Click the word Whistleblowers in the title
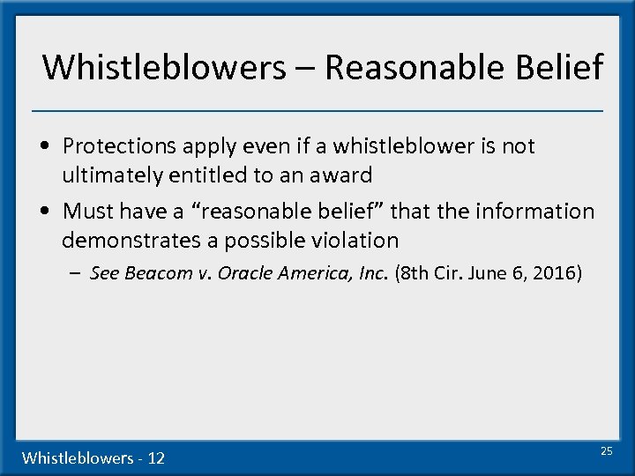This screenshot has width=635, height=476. click(x=163, y=67)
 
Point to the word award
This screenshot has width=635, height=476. click(x=341, y=175)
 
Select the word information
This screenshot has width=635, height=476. click(x=534, y=212)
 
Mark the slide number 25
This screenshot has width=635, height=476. click(x=606, y=450)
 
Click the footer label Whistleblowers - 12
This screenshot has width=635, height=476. click(x=93, y=457)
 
